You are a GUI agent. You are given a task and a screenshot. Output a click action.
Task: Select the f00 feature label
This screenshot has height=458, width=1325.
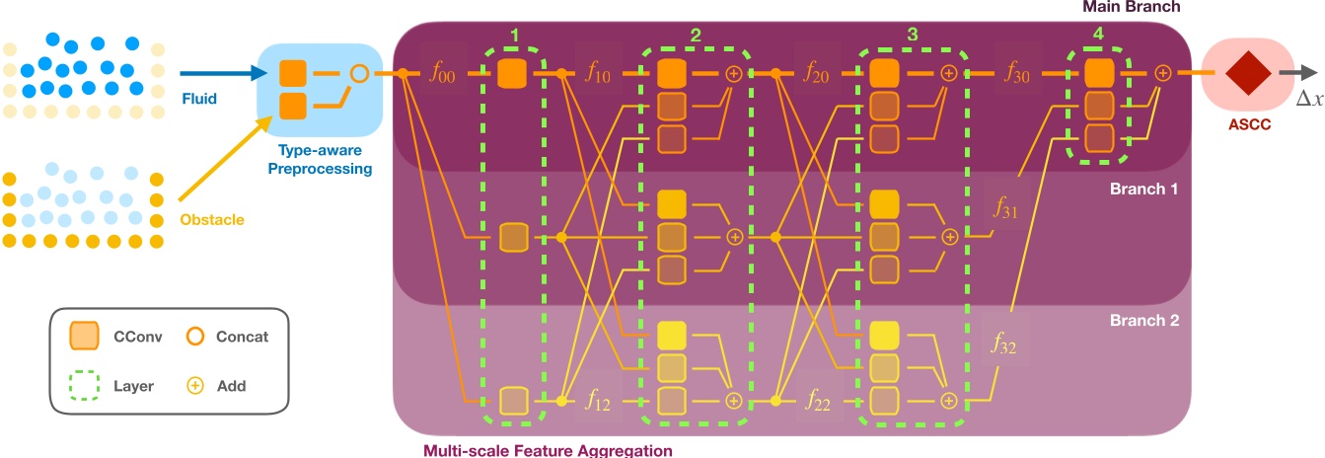(443, 74)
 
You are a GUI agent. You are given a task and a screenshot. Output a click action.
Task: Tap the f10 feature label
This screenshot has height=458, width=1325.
(598, 74)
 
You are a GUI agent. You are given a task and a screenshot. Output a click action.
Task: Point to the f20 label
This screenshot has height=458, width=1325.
(815, 74)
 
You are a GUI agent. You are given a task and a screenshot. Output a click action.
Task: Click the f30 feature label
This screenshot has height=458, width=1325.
(1017, 74)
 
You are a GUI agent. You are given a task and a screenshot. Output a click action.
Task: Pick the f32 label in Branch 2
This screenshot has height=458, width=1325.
(1004, 344)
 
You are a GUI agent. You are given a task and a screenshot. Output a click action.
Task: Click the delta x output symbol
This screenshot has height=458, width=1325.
(1309, 97)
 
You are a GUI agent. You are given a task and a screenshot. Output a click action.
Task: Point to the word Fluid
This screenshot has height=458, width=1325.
(199, 99)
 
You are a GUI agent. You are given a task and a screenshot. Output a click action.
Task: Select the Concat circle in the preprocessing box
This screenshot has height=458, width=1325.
(359, 72)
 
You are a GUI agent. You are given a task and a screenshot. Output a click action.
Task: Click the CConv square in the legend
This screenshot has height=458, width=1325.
(83, 338)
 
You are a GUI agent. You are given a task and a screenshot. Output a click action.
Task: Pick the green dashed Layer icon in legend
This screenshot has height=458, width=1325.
(83, 385)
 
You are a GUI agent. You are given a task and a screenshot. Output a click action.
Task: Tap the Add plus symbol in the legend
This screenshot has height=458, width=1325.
(195, 385)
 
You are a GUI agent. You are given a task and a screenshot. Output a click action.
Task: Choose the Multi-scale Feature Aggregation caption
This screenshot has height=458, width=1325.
(548, 450)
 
